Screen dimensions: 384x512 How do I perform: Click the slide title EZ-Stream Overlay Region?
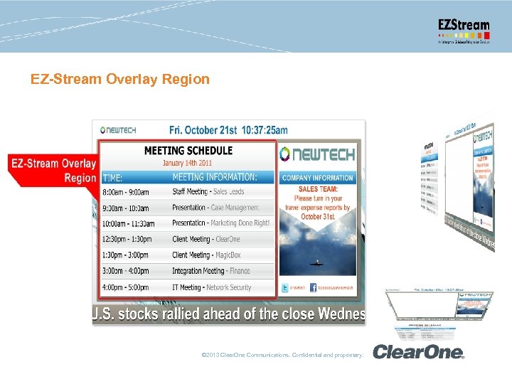pos(120,79)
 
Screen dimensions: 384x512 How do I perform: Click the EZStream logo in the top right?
pos(463,31)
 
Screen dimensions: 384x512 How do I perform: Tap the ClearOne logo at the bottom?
pos(418,352)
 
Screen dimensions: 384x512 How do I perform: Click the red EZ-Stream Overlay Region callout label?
pos(54,171)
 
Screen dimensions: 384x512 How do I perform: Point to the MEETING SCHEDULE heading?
pos(188,151)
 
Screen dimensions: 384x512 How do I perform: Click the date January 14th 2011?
pos(188,163)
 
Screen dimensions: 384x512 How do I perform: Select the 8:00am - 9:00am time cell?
pos(125,192)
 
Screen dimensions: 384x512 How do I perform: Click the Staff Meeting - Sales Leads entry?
pos(208,192)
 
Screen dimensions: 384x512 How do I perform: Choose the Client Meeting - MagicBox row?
pos(206,255)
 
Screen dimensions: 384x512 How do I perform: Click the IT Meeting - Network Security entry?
pos(211,287)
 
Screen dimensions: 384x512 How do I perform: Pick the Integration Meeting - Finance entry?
pos(210,271)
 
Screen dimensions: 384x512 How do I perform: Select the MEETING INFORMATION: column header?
pos(215,177)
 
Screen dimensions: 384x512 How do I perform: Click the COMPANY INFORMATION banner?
pos(318,178)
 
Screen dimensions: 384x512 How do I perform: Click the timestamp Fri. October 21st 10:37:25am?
pos(228,130)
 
